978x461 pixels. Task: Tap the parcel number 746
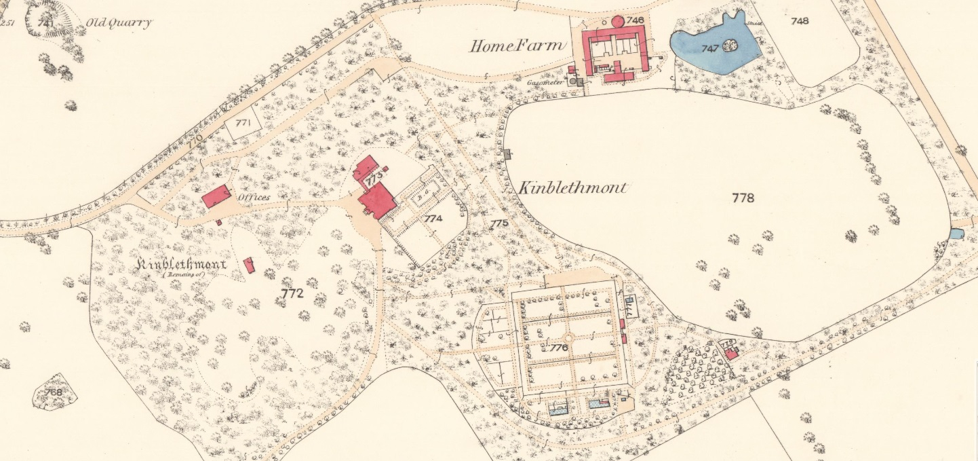635,20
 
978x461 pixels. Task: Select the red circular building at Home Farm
619,21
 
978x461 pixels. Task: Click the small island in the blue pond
730,46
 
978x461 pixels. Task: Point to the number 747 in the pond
709,49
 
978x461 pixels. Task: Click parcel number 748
800,21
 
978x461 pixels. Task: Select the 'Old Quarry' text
119,22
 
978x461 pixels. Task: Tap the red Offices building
216,197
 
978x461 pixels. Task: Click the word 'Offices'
254,198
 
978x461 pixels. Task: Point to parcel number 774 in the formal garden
433,219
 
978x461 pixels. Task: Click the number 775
499,223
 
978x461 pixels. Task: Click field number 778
743,198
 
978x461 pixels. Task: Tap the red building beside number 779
731,354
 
